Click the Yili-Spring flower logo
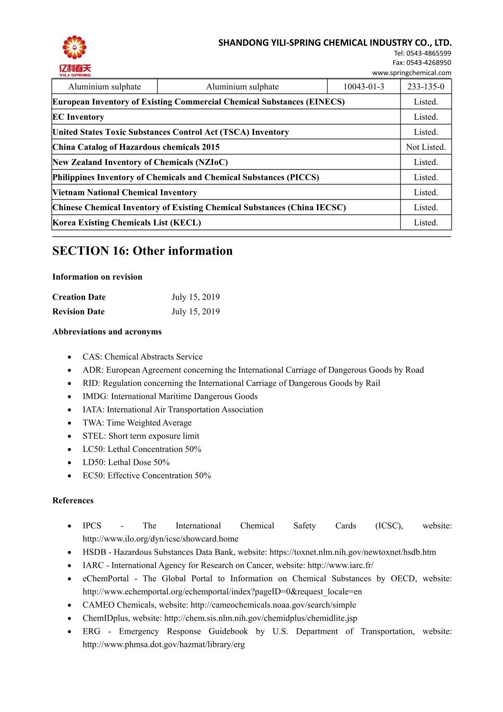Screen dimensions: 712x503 pyautogui.click(x=75, y=49)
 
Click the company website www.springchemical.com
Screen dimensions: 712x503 pyautogui.click(x=411, y=72)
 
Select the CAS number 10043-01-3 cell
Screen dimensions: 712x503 pyautogui.click(x=364, y=87)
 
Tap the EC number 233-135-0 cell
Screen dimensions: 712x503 pyautogui.click(x=426, y=87)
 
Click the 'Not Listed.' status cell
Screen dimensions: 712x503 pyautogui.click(x=426, y=147)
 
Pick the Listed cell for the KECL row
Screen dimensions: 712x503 pyautogui.click(x=426, y=223)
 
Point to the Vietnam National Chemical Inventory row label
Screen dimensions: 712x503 pyautogui.click(x=125, y=192)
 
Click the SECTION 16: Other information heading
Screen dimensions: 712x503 pyautogui.click(x=142, y=251)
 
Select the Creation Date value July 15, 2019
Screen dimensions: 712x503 pyautogui.click(x=195, y=297)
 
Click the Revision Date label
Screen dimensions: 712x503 pyautogui.click(x=78, y=312)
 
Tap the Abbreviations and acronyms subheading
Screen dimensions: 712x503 pyautogui.click(x=107, y=332)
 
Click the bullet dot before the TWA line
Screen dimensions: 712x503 pyautogui.click(x=69, y=423)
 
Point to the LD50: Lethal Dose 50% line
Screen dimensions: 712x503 pyautogui.click(x=126, y=462)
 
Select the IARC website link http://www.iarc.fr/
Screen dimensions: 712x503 pyautogui.click(x=340, y=565)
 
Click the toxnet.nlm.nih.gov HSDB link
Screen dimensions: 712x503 pyautogui.click(x=353, y=552)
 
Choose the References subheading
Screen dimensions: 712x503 pyautogui.click(x=73, y=500)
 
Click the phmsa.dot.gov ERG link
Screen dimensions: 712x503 pyautogui.click(x=164, y=645)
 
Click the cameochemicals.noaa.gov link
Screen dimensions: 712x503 pyautogui.click(x=273, y=605)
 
